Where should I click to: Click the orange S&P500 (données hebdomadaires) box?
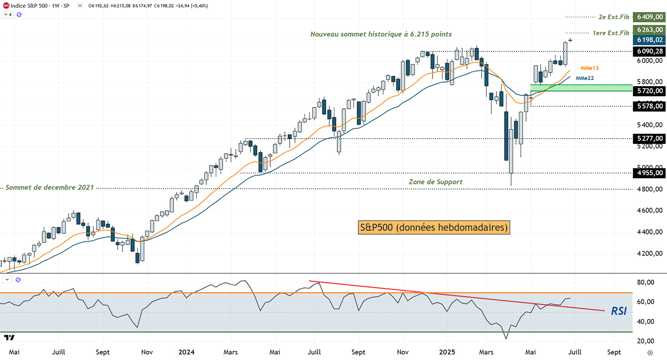click(x=434, y=228)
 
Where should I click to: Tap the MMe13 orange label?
click(x=589, y=69)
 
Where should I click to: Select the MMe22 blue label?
click(x=585, y=78)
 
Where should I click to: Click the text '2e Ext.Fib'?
click(x=614, y=17)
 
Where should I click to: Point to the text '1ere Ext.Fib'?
click(x=611, y=33)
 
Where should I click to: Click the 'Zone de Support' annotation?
click(x=435, y=181)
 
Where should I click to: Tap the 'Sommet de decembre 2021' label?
click(x=50, y=188)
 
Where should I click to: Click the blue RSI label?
click(x=618, y=311)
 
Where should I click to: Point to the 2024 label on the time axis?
click(x=186, y=352)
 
